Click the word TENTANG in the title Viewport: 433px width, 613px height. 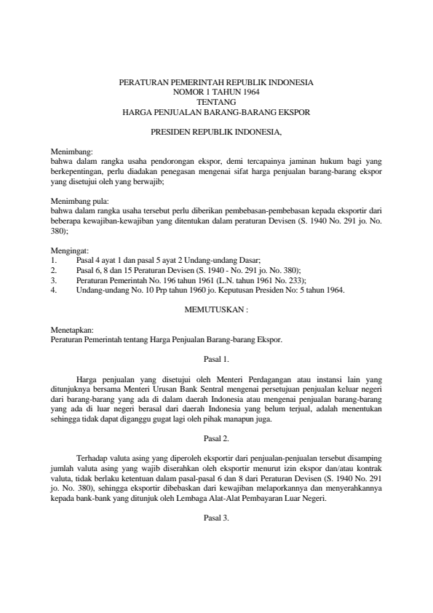coord(216,103)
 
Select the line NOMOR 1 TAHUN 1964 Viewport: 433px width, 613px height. coord(216,92)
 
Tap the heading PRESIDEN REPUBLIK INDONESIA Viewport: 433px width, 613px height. coord(216,133)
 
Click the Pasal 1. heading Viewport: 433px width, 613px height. coord(216,359)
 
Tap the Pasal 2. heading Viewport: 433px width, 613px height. coord(216,438)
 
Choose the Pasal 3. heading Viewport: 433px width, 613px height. coord(216,518)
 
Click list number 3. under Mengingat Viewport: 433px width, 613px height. coord(54,280)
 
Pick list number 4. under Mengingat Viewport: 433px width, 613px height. coord(54,289)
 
